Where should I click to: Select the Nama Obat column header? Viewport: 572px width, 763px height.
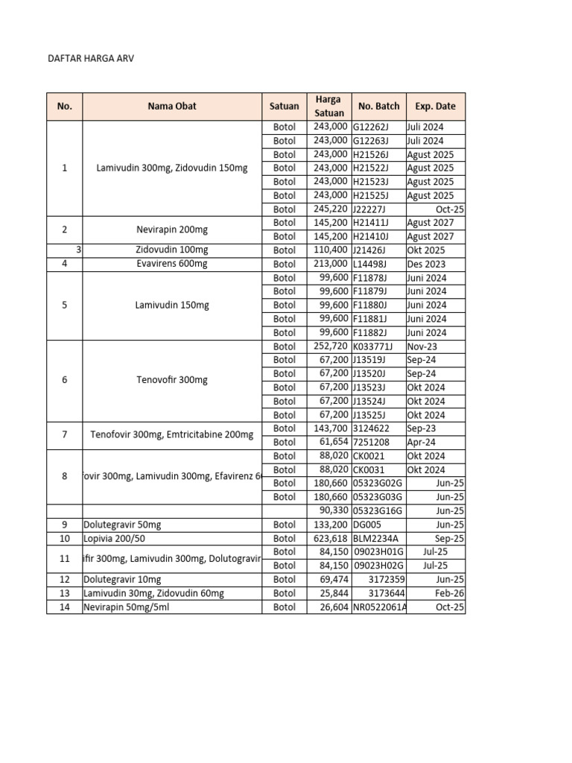[x=172, y=106]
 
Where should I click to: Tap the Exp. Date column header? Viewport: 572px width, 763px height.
[x=436, y=106]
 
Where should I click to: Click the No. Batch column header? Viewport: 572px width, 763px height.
[x=378, y=106]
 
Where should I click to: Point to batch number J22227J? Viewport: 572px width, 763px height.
[x=370, y=209]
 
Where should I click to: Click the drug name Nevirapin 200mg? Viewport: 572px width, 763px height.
[x=172, y=229]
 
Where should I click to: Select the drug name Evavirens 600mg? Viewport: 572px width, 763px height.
[x=172, y=264]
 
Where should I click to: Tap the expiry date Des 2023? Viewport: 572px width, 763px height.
[x=426, y=264]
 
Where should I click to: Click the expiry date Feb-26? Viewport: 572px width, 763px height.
[x=450, y=594]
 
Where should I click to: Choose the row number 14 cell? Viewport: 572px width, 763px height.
[x=64, y=607]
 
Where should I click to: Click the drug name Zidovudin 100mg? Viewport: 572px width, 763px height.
[x=172, y=250]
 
